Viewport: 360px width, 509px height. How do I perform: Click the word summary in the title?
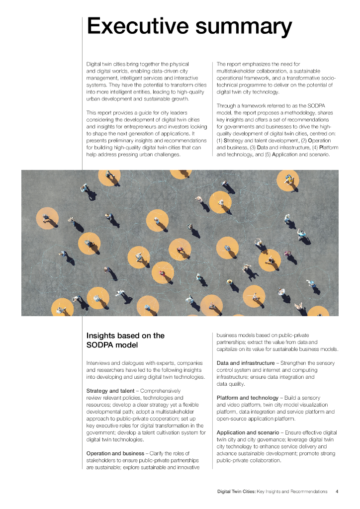pos(241,27)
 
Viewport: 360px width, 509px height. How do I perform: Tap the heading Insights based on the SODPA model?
pos(125,340)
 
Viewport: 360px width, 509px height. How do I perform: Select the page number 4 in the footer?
pos(337,492)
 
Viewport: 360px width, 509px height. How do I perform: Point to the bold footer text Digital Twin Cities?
pos(236,492)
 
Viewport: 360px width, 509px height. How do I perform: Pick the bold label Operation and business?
pos(115,453)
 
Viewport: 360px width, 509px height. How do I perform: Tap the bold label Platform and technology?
pos(248,398)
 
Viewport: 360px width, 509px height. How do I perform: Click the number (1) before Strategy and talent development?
pos(219,141)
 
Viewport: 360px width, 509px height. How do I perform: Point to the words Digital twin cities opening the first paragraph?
pos(106,64)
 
